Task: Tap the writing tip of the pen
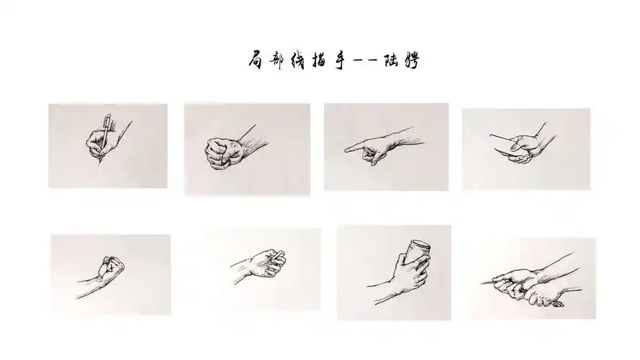pos(99,164)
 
